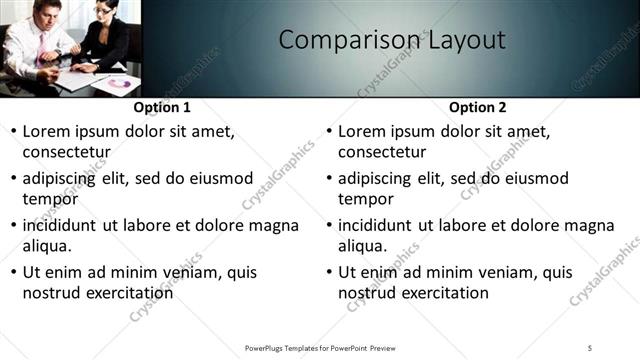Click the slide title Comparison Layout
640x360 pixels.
coord(391,41)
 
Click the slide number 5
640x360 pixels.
coord(590,347)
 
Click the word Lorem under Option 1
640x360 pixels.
coord(47,131)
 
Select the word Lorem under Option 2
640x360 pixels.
coord(363,131)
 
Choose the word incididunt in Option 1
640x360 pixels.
coord(66,225)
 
